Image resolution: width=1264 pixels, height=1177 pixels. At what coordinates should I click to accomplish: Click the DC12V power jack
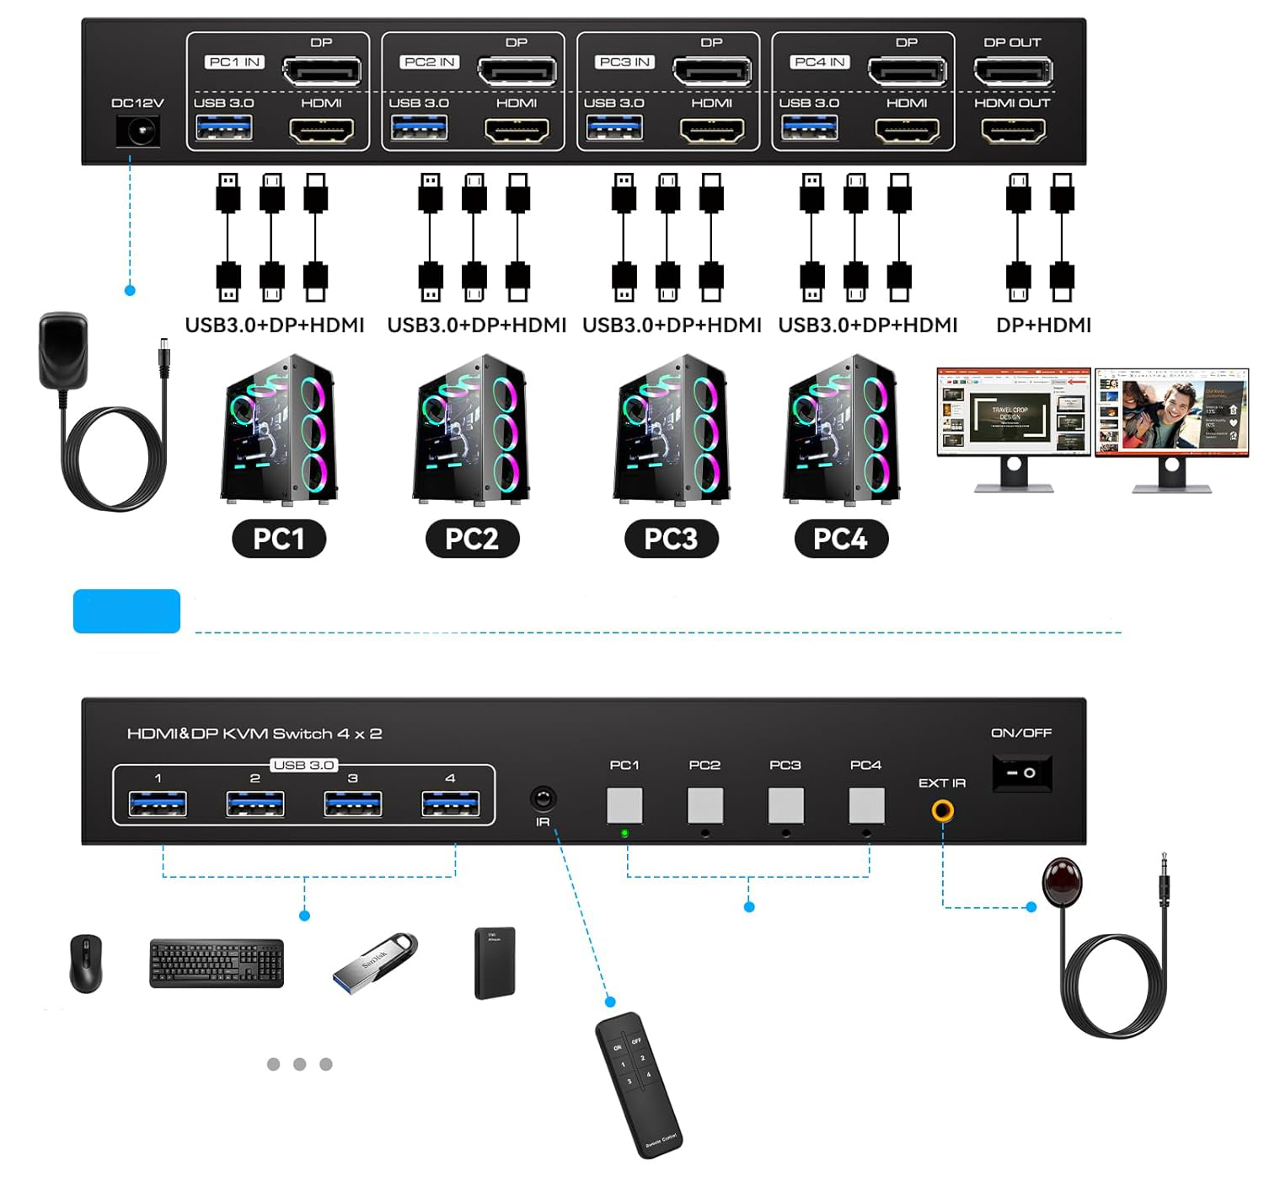coord(137,132)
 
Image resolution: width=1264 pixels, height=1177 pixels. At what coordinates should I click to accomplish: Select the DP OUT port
coord(1013,72)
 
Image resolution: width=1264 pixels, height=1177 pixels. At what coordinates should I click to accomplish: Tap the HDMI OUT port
coord(1013,131)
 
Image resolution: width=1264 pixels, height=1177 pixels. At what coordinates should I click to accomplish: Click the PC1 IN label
coord(234,62)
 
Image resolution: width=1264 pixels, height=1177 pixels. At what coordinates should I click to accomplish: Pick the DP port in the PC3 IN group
coord(712,72)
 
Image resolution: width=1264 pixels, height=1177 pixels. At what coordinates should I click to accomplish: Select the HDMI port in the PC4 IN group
coord(908,131)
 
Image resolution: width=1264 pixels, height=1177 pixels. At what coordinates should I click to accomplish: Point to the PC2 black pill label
coord(471,539)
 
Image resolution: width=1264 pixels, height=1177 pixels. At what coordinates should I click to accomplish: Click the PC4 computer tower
coord(841,431)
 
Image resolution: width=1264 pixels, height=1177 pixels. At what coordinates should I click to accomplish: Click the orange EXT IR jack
coord(942,811)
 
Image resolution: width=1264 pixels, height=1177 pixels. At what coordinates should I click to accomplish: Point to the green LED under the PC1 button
coord(624,833)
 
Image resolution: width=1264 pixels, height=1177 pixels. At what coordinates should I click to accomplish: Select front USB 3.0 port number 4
coord(450,804)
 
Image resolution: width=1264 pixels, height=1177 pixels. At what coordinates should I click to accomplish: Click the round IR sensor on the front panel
coord(543,798)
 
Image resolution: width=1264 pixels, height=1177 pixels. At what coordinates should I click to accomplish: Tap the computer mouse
coord(86,963)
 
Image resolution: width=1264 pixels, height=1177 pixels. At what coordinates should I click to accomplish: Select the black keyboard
coord(217,963)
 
